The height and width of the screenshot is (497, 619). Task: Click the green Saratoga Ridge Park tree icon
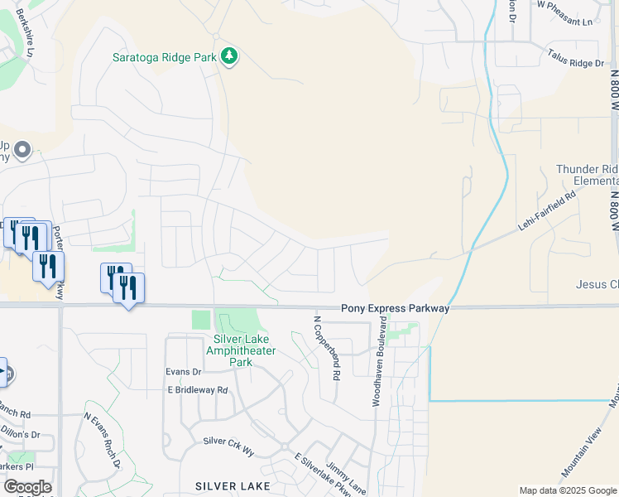tap(229, 57)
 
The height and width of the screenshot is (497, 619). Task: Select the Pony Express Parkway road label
tap(395, 308)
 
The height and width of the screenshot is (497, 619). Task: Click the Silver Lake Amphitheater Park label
tap(244, 351)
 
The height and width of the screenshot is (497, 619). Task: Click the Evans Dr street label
tap(184, 372)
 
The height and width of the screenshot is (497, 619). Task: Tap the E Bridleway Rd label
tap(197, 389)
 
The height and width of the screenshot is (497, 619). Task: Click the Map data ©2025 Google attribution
tap(568, 490)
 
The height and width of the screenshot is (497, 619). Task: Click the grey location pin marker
tap(22, 150)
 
